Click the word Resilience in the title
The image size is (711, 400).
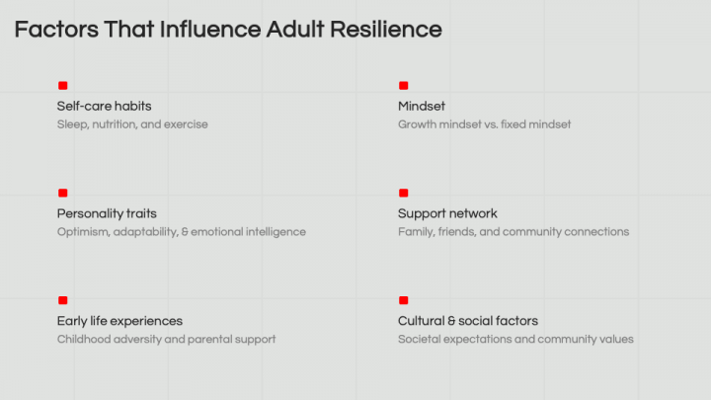(385, 30)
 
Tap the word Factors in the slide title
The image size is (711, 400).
(56, 30)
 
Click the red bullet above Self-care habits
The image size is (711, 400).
(63, 86)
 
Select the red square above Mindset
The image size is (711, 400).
(404, 86)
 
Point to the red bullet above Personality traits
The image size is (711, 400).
(63, 194)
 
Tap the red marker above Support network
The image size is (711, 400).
(404, 194)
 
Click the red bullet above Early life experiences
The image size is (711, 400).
(63, 300)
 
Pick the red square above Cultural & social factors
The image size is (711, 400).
(404, 300)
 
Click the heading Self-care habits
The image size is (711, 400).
(105, 106)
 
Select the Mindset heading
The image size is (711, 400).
(422, 106)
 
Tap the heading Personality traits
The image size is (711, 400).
(107, 213)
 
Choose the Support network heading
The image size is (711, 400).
(447, 213)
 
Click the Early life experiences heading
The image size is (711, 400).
(119, 321)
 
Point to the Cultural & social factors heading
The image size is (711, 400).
(468, 321)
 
